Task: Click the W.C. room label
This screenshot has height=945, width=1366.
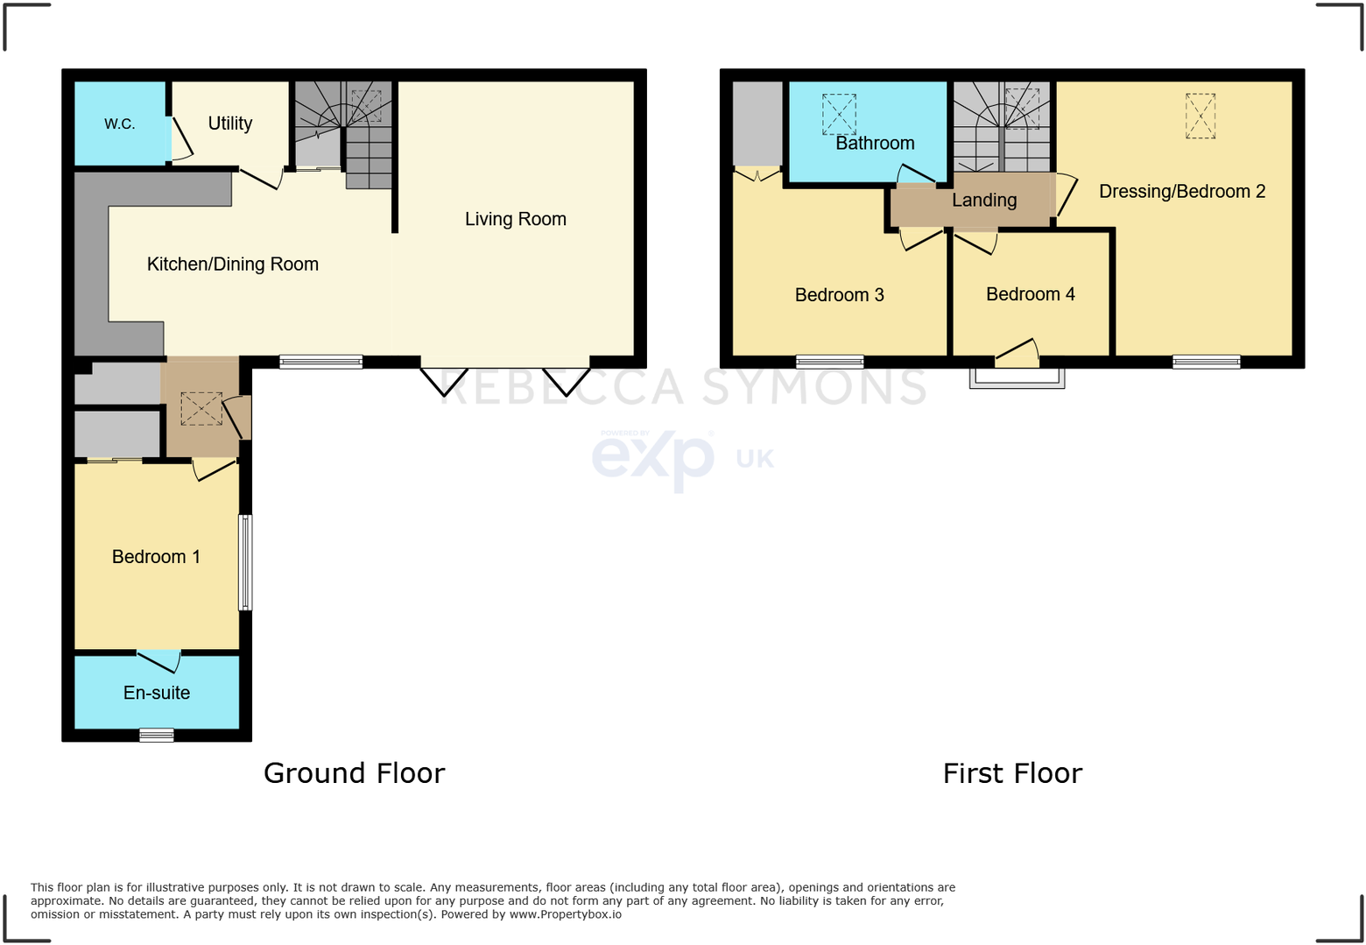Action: (x=120, y=123)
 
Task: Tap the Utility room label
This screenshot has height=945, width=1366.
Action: (x=229, y=123)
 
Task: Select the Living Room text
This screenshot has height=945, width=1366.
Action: (x=515, y=219)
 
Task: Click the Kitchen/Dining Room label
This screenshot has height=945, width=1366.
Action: (x=232, y=264)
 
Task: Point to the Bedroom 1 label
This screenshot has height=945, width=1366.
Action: (x=156, y=557)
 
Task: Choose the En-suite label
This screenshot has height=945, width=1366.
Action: (x=157, y=693)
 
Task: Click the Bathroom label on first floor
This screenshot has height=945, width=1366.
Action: (x=874, y=143)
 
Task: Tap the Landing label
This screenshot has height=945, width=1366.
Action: (x=984, y=200)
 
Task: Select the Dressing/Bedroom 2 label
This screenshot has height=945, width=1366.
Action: (x=1181, y=191)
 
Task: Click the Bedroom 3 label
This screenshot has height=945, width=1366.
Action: (x=839, y=295)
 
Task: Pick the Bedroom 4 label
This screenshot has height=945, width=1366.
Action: (x=1030, y=294)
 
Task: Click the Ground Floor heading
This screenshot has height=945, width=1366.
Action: (x=354, y=773)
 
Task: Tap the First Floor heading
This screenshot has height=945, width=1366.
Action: (x=1012, y=773)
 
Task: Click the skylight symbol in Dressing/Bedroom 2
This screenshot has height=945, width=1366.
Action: (x=1201, y=116)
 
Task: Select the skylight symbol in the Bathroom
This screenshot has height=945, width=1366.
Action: (x=838, y=114)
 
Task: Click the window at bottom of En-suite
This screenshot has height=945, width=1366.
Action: (x=157, y=736)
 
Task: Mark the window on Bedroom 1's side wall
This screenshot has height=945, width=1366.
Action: (x=246, y=562)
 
